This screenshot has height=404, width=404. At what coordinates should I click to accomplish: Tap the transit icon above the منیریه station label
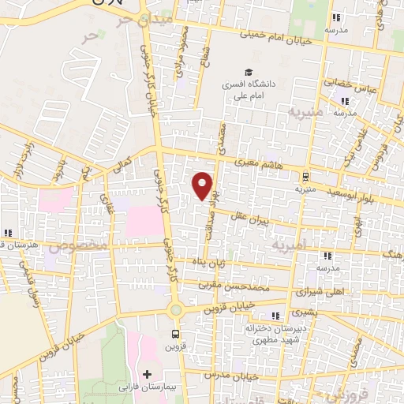click(305, 177)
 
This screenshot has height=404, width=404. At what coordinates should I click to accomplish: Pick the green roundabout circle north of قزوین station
click(175, 310)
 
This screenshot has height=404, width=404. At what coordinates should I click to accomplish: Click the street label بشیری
click(304, 312)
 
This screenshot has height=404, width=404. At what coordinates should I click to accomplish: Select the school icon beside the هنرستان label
click(8, 233)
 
